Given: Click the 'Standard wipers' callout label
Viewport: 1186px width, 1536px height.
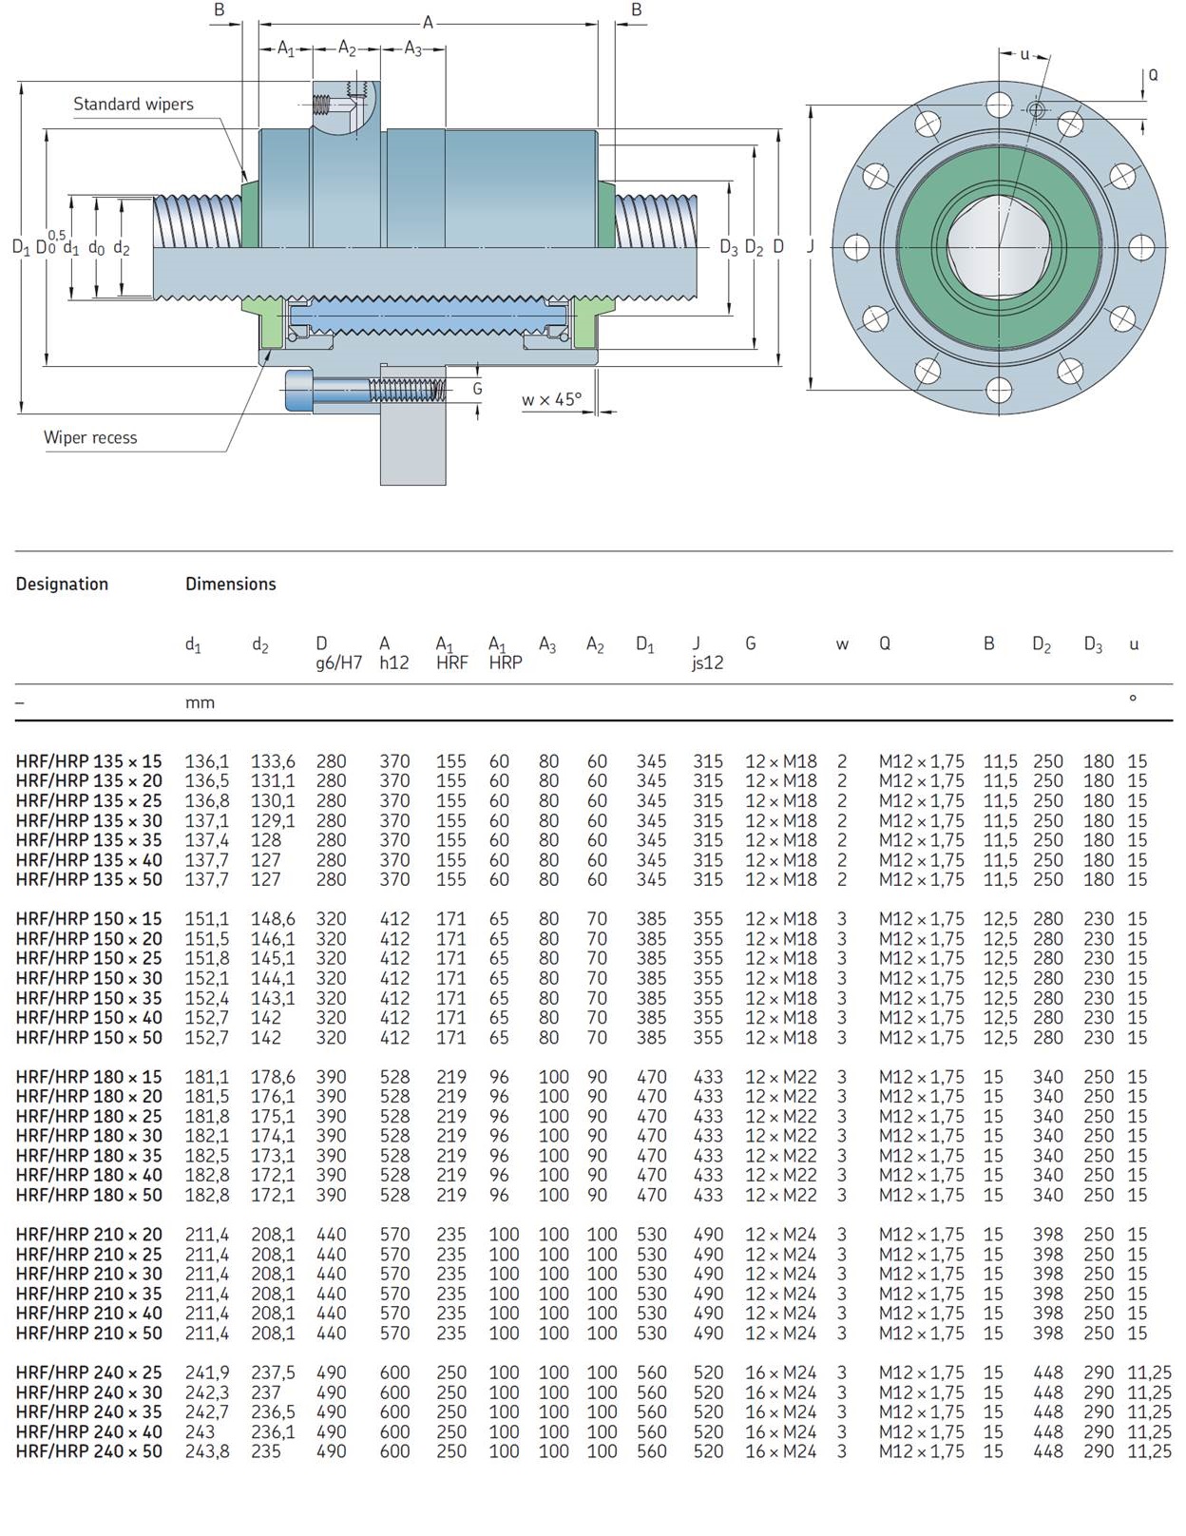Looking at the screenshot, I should tap(133, 105).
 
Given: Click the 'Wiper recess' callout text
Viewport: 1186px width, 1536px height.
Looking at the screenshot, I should tap(90, 438).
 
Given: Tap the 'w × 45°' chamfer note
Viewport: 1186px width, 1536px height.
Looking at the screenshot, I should tap(551, 400).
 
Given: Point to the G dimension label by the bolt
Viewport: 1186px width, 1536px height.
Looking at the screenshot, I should tap(477, 389).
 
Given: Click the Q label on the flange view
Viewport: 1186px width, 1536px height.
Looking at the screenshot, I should tap(1153, 75).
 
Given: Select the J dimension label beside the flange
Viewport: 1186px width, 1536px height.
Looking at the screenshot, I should tap(811, 247).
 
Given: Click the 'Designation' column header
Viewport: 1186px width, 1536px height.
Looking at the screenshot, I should tap(62, 585).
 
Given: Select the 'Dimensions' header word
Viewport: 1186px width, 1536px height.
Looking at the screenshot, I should tap(231, 585).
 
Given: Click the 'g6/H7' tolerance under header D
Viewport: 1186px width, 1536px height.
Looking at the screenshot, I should tap(339, 663).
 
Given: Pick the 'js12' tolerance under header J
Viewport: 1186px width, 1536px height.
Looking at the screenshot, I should tap(707, 663).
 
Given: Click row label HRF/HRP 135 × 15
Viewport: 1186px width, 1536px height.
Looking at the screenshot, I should tap(88, 761).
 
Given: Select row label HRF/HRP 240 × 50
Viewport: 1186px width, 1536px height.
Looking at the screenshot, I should tap(88, 1451).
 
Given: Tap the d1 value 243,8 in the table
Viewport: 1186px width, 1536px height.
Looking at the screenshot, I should tap(206, 1451).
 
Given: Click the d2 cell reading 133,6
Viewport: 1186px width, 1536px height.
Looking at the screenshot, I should tap(273, 761).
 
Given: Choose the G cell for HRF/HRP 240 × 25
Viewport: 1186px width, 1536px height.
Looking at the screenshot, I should tap(780, 1373).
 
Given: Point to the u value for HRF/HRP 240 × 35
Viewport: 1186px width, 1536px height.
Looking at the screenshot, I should tap(1149, 1412).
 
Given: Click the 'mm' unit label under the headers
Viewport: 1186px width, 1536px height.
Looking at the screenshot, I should tap(200, 703).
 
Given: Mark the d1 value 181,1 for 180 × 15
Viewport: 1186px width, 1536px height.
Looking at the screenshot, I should tap(206, 1077).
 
